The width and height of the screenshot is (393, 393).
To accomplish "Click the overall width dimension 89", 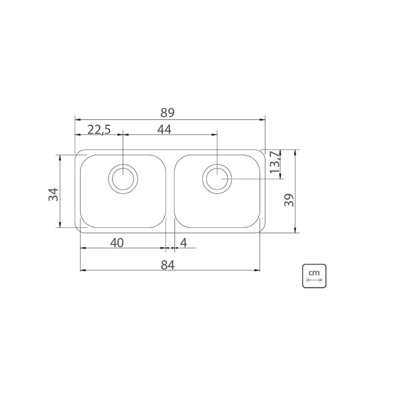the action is (167, 113).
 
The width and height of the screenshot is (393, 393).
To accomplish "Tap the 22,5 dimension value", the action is (99, 130).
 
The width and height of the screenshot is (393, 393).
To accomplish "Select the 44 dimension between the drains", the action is (164, 130).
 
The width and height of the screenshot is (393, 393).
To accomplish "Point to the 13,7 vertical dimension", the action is (275, 162).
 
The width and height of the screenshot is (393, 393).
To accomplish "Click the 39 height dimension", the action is (289, 200).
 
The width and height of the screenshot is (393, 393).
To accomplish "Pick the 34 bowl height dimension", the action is (53, 194).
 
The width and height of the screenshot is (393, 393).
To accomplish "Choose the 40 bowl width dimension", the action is (117, 243).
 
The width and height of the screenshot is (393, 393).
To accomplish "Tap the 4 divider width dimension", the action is (183, 243).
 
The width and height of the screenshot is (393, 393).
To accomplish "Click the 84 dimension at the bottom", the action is (168, 265).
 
